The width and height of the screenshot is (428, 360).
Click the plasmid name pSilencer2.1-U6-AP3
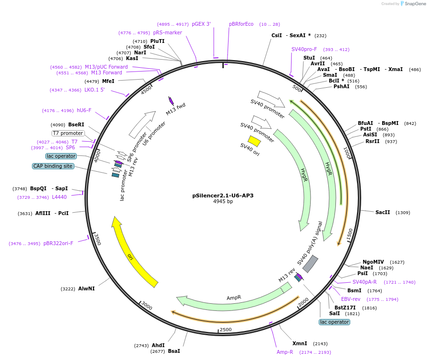(223, 195)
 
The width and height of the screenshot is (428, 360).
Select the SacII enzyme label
(383, 212)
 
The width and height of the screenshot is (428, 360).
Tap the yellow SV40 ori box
(254, 141)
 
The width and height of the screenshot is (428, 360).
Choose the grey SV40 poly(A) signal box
(310, 264)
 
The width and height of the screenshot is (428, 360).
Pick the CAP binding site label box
(53, 166)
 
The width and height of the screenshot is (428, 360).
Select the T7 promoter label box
(68, 133)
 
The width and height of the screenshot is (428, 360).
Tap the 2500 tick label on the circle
(225, 329)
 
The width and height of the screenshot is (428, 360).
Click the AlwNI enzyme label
(86, 288)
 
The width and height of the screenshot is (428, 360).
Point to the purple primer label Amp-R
(285, 352)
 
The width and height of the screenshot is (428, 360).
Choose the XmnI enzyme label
(300, 343)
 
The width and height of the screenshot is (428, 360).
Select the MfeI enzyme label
(108, 81)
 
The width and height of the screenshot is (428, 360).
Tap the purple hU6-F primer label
(84, 110)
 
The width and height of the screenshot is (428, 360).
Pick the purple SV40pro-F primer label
(304, 49)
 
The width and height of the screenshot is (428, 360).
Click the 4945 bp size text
(223, 202)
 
